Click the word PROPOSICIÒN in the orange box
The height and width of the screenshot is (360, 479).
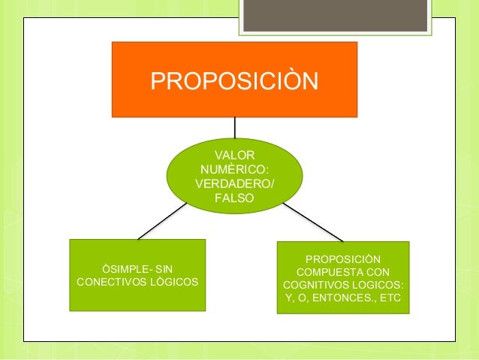click(x=234, y=80)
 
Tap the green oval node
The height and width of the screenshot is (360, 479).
click(x=234, y=176)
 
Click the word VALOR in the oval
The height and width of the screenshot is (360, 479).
click(x=234, y=154)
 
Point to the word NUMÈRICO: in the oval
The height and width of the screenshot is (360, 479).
click(x=234, y=169)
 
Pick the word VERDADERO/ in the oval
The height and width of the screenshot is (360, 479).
click(x=234, y=184)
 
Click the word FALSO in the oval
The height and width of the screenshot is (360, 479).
click(x=234, y=199)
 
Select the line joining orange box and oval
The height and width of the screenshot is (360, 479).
click(x=235, y=127)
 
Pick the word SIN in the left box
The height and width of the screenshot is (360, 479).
click(x=162, y=268)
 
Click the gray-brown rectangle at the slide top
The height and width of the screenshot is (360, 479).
click(x=334, y=15)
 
